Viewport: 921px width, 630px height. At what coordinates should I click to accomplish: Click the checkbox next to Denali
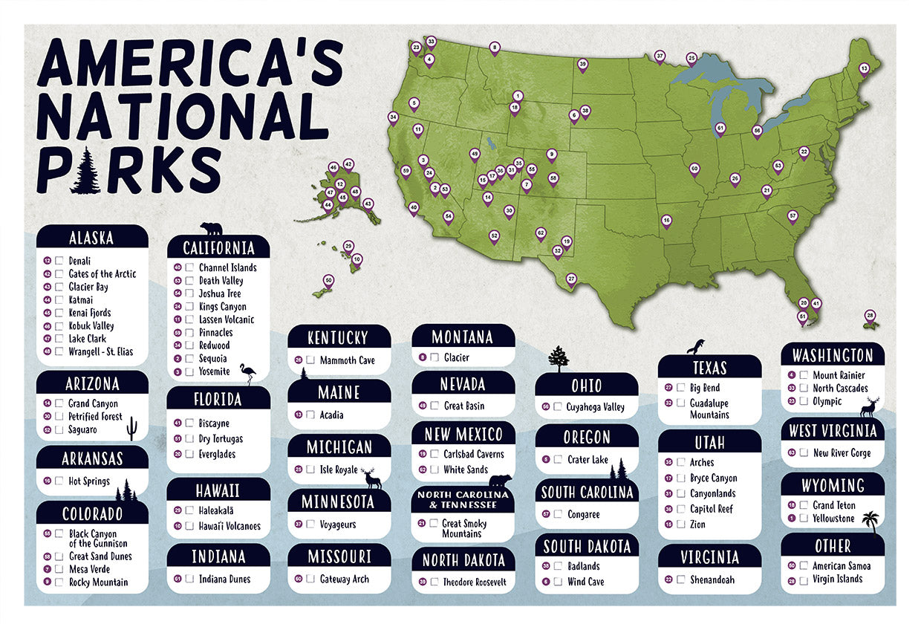[x=59, y=261]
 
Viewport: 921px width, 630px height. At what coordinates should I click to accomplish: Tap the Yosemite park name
[x=214, y=371]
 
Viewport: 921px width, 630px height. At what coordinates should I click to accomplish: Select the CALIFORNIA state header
[x=218, y=247]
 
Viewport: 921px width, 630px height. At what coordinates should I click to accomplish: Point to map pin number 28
[x=870, y=316]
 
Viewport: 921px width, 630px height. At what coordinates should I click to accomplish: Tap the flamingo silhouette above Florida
[x=249, y=374]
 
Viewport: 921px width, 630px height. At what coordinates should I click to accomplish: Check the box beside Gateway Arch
[x=310, y=579]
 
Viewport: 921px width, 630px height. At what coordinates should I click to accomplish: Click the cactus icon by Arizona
[x=132, y=427]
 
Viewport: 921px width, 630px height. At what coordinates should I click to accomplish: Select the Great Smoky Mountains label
[x=464, y=528]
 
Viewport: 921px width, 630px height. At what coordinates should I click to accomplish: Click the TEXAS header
[x=709, y=368]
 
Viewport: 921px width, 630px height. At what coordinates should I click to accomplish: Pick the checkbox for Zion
[x=681, y=525]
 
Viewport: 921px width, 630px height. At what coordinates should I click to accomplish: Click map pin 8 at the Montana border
[x=495, y=48]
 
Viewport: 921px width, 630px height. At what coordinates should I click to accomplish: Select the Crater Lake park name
[x=588, y=460]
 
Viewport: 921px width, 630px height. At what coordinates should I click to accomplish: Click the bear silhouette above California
[x=211, y=228]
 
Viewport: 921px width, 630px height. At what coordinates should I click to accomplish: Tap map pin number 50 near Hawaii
[x=328, y=281]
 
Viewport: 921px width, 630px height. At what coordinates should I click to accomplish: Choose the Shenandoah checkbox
[x=681, y=579]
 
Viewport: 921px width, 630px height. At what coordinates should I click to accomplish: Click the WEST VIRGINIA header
[x=833, y=431]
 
